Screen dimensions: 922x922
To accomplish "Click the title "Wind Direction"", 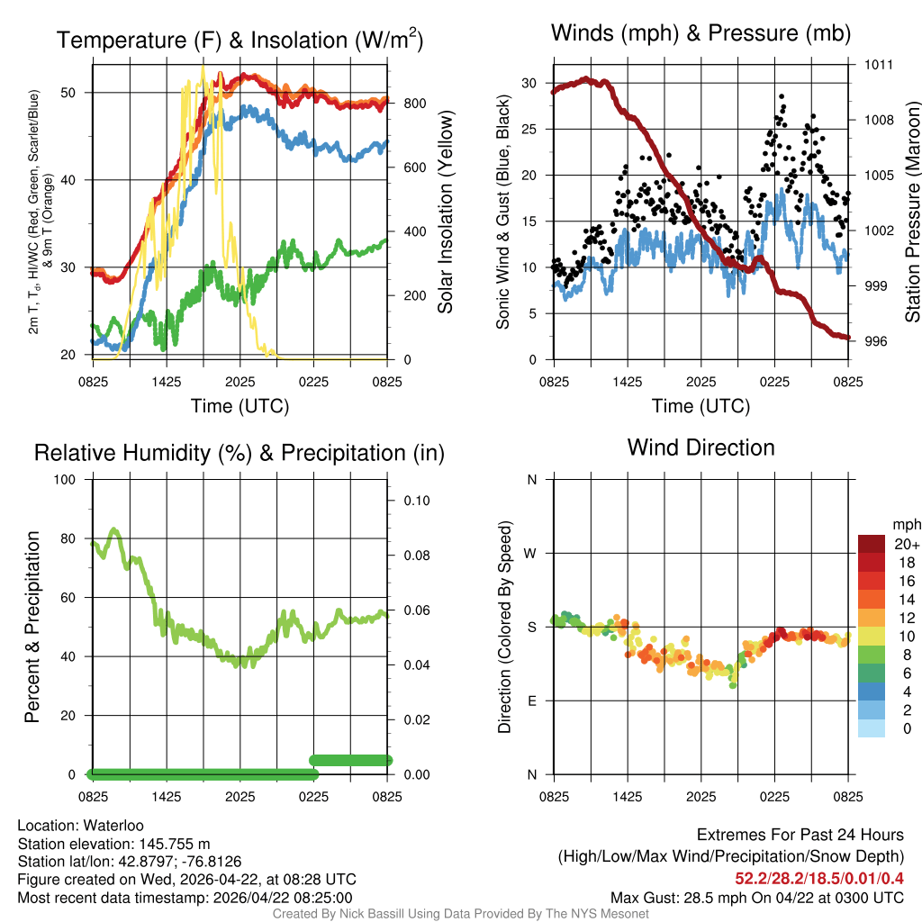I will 701,447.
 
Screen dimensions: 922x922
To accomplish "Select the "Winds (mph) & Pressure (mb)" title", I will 701,33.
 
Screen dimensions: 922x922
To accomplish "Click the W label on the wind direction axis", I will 531,553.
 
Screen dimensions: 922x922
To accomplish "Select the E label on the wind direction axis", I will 532,701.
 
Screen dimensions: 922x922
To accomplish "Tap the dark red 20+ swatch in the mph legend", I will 871,544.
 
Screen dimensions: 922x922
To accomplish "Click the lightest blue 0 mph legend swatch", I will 871,728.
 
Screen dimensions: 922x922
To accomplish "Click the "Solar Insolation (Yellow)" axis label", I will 445,212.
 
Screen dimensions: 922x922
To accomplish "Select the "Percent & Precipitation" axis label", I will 32,627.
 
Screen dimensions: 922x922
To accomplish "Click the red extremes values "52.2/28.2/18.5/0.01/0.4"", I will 820,877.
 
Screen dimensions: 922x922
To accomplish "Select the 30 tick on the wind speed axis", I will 529,83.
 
